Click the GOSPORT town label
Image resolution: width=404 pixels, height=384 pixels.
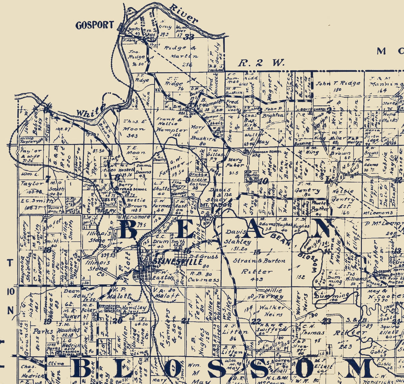tap(95, 25)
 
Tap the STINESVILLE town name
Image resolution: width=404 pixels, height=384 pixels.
tap(177, 262)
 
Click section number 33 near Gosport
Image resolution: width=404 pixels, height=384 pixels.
tap(190, 37)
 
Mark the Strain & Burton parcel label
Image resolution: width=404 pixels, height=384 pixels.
tap(259, 261)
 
